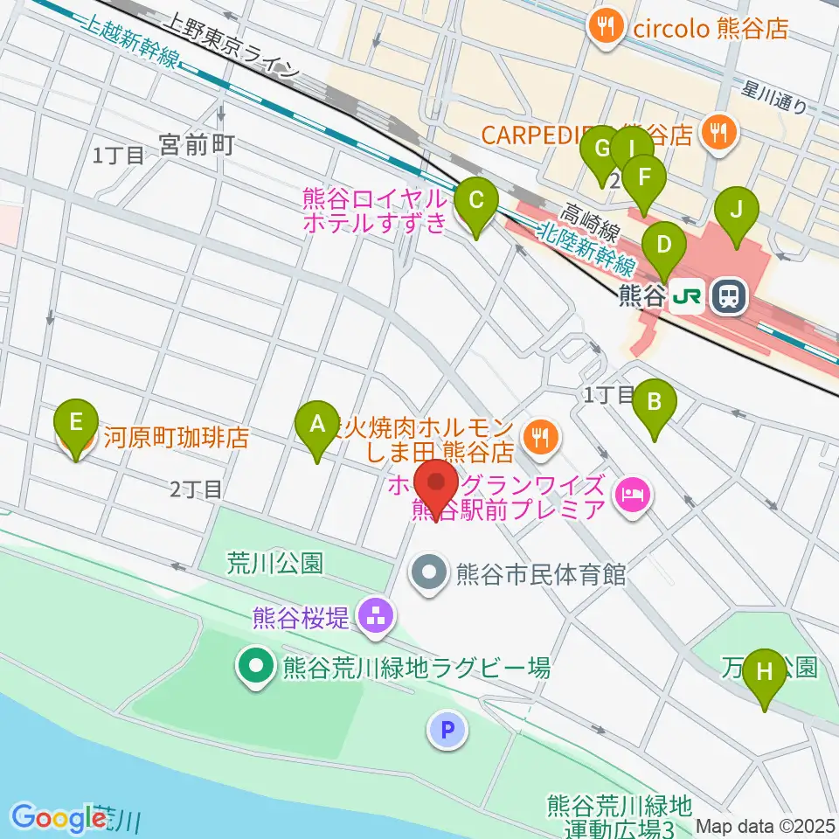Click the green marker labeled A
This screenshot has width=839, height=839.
316,425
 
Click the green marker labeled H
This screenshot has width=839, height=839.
765,673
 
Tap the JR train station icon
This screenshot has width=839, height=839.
727,297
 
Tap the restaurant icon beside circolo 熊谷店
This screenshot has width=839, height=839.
604,28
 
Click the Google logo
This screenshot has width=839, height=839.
58,818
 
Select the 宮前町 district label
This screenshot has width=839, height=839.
197,145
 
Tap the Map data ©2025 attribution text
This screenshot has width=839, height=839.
765,825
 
